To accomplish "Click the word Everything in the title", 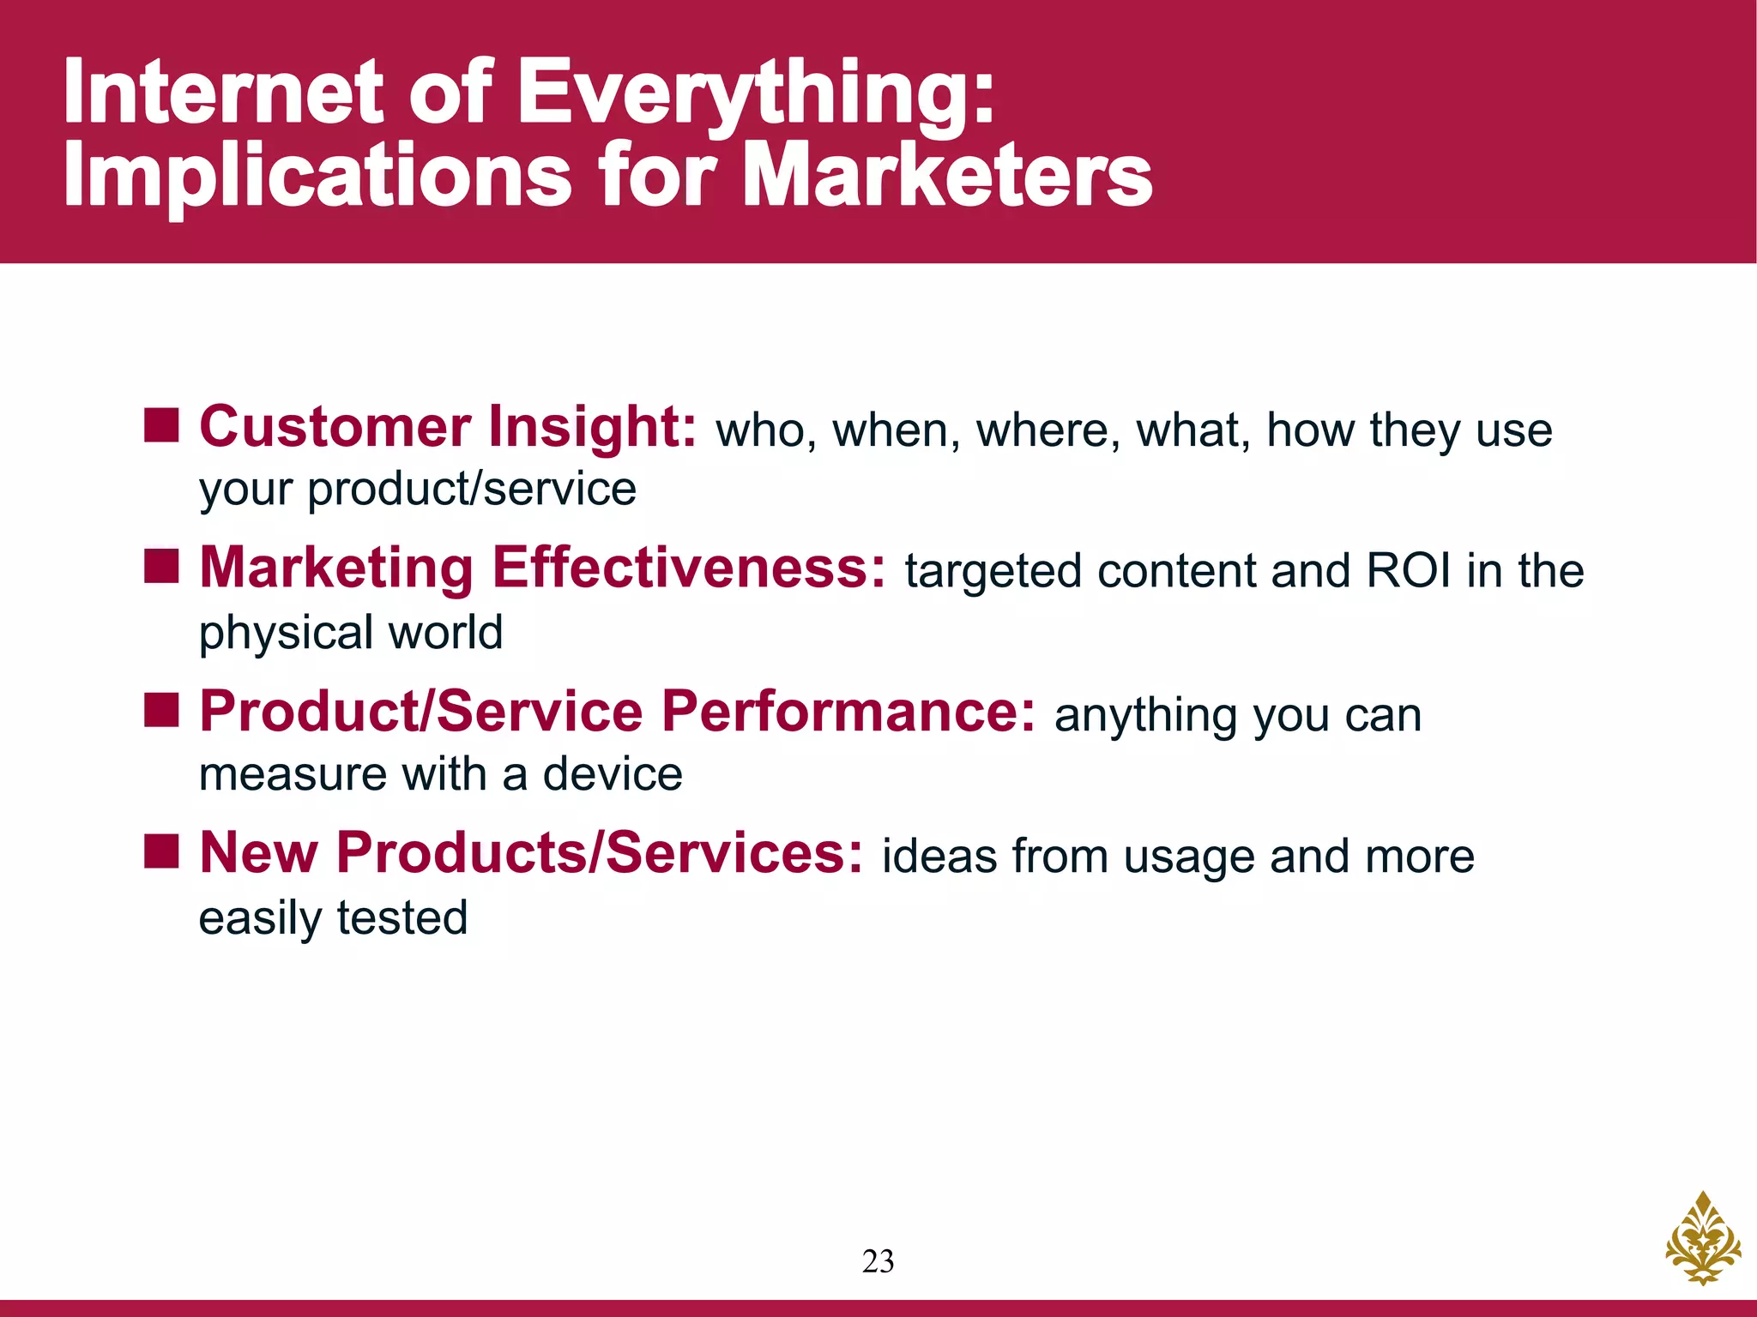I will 755,93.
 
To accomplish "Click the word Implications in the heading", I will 317,176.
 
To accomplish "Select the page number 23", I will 878,1261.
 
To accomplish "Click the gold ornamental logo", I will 1702,1238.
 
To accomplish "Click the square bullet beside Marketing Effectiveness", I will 160,566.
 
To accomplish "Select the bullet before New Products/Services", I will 160,851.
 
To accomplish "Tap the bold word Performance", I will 848,711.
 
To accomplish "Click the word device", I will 613,774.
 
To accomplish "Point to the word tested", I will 402,917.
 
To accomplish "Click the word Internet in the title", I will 223,93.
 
